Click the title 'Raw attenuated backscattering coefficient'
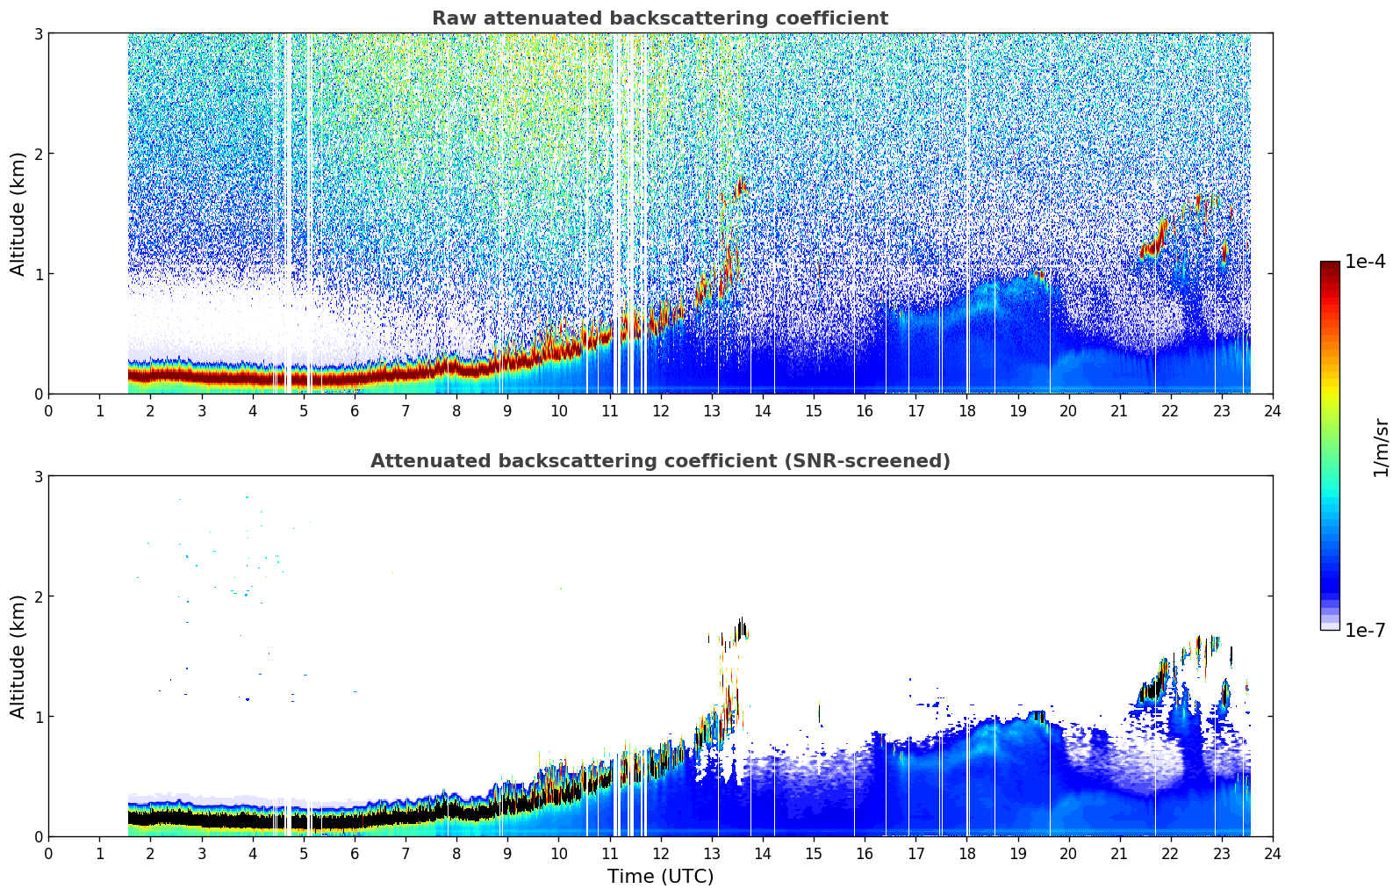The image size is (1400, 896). point(659,18)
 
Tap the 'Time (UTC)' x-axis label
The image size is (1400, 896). point(660,876)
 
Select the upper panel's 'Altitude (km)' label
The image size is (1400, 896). point(18,213)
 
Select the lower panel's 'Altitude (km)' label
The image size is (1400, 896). point(18,656)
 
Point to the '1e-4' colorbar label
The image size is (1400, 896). point(1365,262)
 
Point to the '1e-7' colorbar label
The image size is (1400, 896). point(1365,630)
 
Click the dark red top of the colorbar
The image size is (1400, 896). point(1329,266)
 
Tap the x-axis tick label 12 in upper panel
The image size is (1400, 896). point(660,410)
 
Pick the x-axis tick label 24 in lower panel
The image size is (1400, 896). point(1272,853)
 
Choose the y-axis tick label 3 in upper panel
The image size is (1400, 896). point(38,33)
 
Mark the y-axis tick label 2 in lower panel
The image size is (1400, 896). point(38,596)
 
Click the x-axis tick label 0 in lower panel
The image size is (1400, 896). point(48,853)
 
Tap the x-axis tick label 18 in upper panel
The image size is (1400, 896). point(966,410)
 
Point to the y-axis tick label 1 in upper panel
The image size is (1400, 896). point(38,274)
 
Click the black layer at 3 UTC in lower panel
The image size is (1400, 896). point(201,818)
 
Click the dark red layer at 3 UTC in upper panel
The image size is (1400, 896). point(201,376)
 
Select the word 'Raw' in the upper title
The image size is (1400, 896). point(450,18)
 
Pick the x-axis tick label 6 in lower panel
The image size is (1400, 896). point(355,853)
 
